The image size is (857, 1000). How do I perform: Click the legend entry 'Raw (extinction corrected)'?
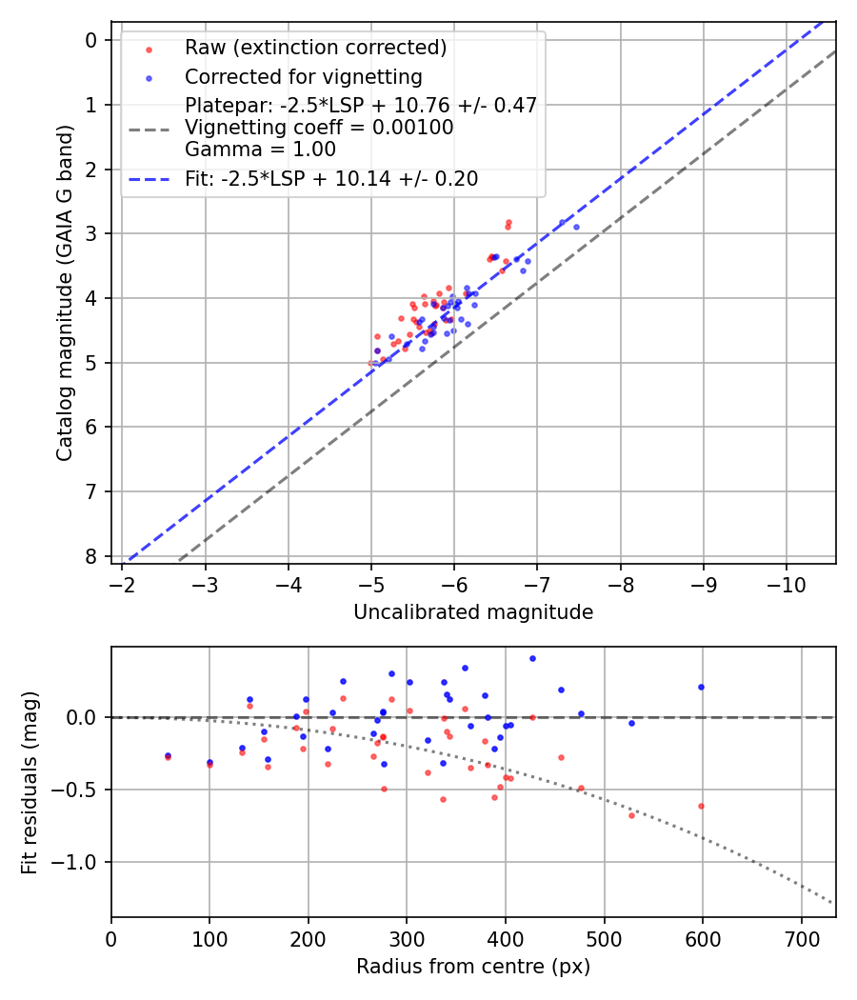tap(315, 47)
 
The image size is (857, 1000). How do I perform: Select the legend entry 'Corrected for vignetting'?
tap(304, 76)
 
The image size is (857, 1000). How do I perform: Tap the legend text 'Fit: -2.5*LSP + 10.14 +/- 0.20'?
tap(331, 178)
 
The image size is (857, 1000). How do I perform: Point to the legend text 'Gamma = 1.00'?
tap(260, 149)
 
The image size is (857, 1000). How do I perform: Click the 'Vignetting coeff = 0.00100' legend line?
tap(319, 127)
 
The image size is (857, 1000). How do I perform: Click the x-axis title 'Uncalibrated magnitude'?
tap(473, 612)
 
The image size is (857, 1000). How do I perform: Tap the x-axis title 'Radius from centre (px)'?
tap(473, 967)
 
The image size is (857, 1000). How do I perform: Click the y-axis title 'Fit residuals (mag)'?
tap(30, 782)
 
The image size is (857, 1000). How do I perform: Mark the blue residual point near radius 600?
tap(701, 687)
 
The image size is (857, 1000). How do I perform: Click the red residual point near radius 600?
tap(701, 806)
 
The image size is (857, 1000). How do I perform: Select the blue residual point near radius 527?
tap(630, 723)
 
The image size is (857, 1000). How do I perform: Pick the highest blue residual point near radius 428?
tap(532, 658)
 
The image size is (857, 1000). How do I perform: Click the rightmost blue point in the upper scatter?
tap(576, 227)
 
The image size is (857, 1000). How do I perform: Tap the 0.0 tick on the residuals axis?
tap(86, 717)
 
